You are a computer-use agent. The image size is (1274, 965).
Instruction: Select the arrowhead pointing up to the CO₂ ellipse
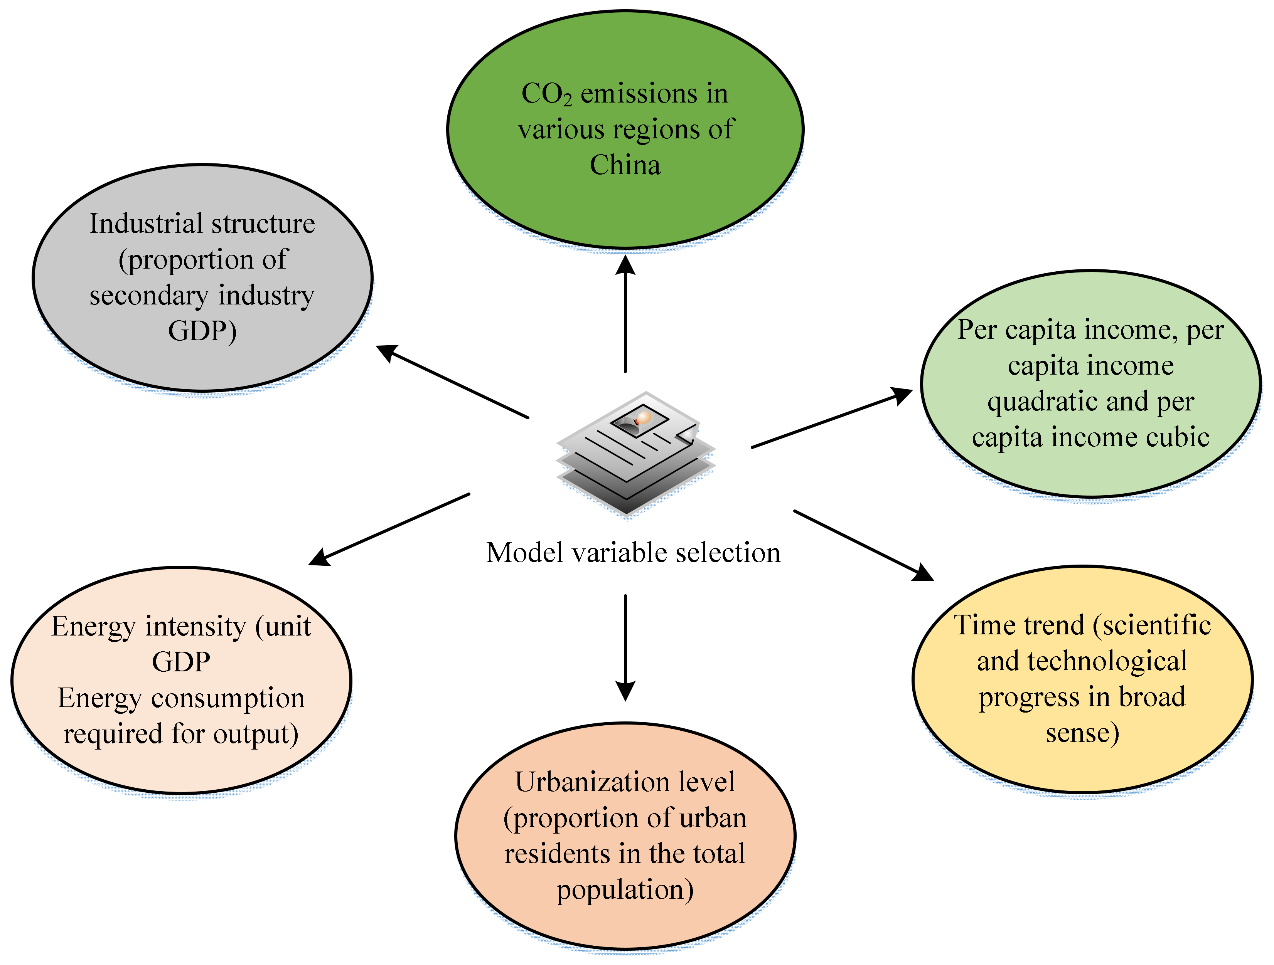(x=625, y=266)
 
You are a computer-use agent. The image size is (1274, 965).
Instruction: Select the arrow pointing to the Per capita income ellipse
(x=832, y=419)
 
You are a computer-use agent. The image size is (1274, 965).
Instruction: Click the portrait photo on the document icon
(x=639, y=420)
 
